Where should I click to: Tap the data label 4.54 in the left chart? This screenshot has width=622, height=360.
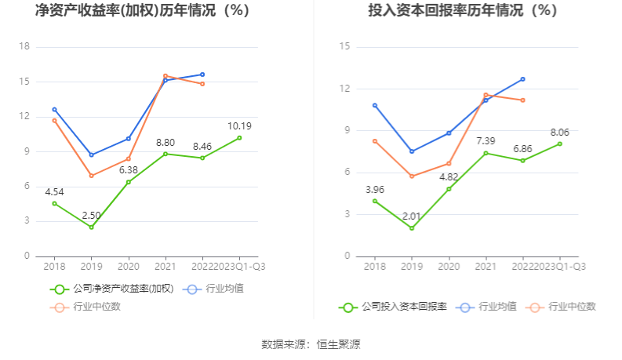tap(55, 191)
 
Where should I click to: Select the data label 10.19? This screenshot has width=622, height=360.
tap(239, 125)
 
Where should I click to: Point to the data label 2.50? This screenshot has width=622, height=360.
tap(91, 215)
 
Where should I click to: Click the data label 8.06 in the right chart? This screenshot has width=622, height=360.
tap(559, 132)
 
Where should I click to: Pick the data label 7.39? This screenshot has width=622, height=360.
tap(486, 140)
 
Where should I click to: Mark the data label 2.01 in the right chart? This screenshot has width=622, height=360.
tap(411, 216)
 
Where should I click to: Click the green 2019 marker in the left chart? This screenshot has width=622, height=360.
tap(91, 227)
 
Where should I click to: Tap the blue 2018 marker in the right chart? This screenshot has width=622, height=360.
tap(375, 105)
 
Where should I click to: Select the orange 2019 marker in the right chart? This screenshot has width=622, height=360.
tap(412, 176)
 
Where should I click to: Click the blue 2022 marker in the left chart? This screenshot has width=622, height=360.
tap(202, 75)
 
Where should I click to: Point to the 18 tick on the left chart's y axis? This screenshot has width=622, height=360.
tap(24, 46)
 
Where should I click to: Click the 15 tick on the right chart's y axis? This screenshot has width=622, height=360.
tap(344, 46)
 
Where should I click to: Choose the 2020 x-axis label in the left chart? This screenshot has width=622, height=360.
tap(129, 267)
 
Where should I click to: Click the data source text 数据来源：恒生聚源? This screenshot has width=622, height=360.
tap(311, 344)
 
